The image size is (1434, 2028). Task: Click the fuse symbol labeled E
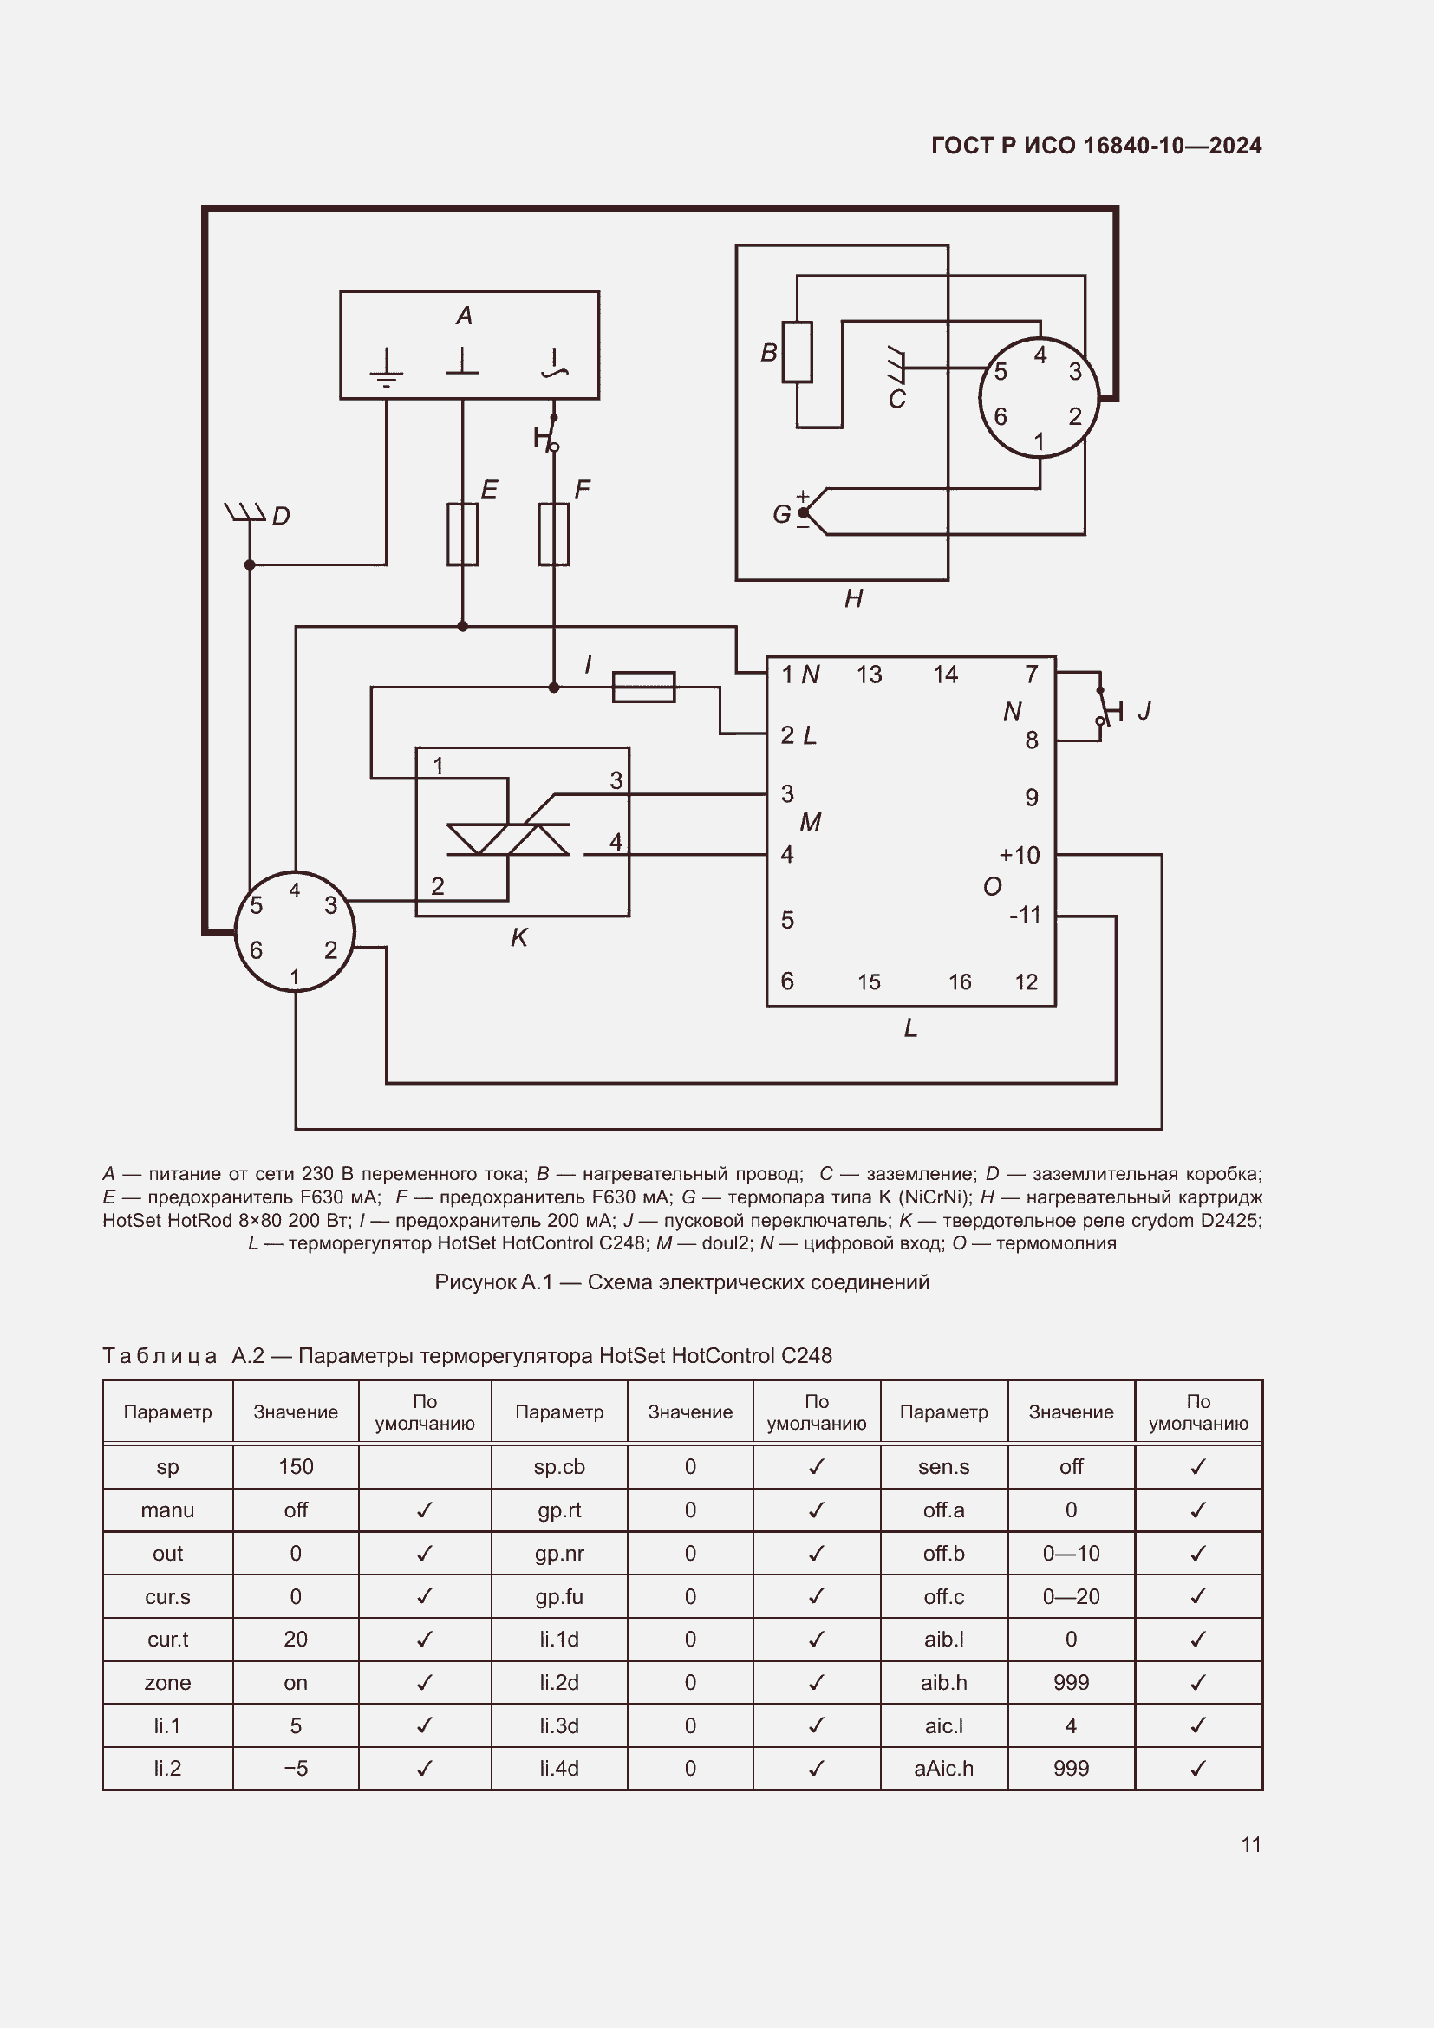pos(462,534)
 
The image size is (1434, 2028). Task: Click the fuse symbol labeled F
pos(554,534)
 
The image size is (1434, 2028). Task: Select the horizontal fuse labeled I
pos(642,688)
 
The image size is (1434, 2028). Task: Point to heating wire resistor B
pos(797,352)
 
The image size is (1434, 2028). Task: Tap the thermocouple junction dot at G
pos(804,512)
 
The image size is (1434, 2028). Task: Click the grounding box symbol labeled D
pos(245,512)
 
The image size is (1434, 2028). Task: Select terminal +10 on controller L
pos(1019,855)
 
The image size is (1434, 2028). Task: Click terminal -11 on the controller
pos(1024,915)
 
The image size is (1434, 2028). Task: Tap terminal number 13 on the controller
pos(869,675)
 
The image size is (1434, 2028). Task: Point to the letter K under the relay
pos(519,938)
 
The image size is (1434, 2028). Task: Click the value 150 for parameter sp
pos(296,1467)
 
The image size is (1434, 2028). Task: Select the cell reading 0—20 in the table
pos(1070,1597)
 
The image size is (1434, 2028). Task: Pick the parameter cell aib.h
pos(943,1683)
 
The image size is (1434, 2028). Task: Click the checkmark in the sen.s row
pos(1197,1467)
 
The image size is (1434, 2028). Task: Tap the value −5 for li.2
pos(296,1768)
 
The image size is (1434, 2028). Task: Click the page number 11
pos(1250,1844)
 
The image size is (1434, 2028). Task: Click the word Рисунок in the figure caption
pos(475,1282)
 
